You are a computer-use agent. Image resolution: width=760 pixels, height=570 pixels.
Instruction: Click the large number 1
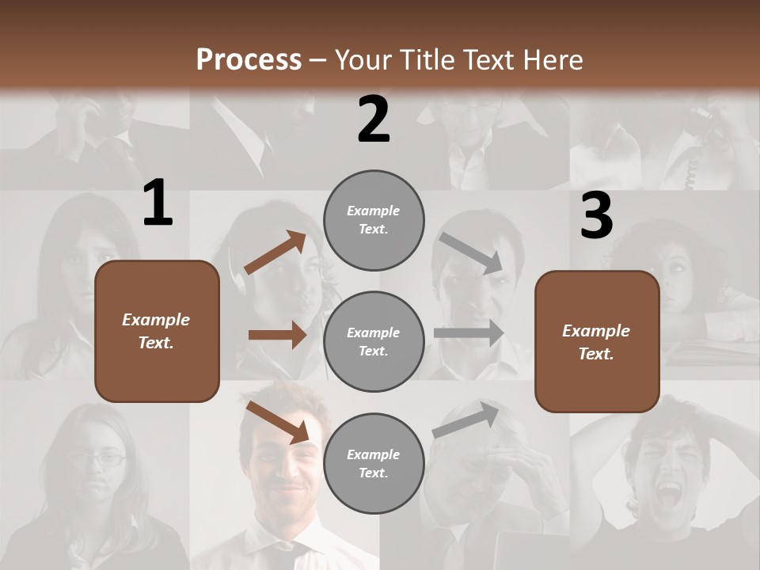pos(158,203)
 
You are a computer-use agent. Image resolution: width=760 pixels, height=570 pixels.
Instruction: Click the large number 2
pos(374,120)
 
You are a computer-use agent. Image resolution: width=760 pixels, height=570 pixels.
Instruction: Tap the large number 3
pos(596,217)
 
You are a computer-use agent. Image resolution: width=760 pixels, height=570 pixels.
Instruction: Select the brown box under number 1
pos(157,331)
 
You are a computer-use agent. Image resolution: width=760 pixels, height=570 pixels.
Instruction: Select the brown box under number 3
pos(597,342)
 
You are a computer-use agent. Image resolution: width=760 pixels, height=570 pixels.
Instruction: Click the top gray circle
pos(374,220)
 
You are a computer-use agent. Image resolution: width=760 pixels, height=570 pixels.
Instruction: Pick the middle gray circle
pos(374,342)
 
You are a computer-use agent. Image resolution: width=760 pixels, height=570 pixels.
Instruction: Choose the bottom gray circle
pos(374,464)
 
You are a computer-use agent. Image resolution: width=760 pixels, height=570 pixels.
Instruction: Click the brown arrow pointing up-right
pos(275,253)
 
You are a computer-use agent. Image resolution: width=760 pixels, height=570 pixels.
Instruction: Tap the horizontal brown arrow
pos(277,335)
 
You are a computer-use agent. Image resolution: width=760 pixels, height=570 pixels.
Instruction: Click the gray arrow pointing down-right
pos(470,253)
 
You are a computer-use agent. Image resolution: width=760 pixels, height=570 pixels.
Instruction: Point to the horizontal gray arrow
pos(468,333)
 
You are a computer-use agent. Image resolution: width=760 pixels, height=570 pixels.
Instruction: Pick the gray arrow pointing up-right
pos(466,420)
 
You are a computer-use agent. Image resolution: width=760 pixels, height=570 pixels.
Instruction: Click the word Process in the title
pos(249,59)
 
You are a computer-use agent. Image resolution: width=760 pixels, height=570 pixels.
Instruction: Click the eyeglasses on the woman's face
pos(98,457)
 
